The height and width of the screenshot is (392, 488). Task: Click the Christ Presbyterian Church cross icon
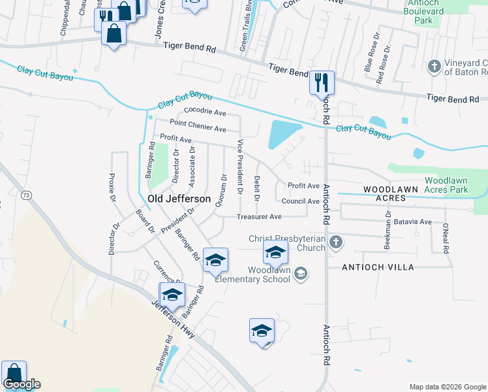(335, 242)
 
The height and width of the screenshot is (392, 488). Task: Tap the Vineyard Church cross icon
(435, 66)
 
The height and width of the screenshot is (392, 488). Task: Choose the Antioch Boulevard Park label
(423, 16)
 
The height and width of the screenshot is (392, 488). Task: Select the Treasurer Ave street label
(259, 216)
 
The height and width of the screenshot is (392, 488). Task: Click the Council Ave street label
(300, 201)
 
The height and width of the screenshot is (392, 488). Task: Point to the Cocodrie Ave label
(205, 112)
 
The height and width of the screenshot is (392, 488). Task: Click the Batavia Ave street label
(416, 222)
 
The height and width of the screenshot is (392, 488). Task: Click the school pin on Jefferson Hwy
(172, 295)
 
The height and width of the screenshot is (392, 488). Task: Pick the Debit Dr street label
(257, 188)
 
